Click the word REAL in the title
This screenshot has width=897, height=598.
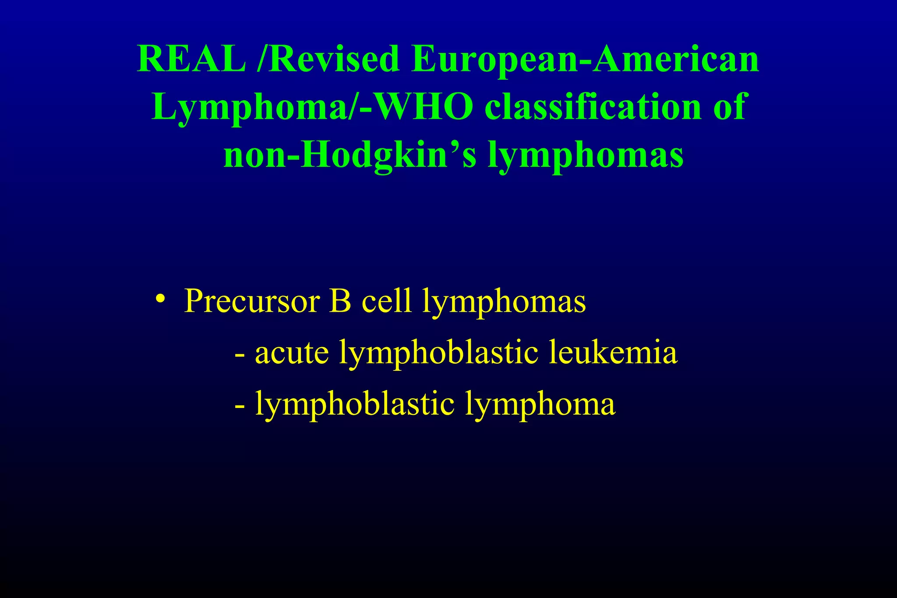coord(191,59)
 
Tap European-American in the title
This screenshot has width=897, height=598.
coord(585,59)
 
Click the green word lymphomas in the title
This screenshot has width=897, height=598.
coord(586,156)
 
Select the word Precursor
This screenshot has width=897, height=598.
coord(252,301)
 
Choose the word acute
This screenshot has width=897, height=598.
coord(292,353)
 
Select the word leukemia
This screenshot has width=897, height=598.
coord(613,352)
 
